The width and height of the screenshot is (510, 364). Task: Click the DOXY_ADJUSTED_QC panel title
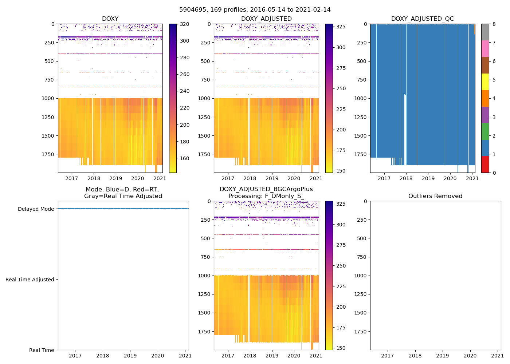(423, 19)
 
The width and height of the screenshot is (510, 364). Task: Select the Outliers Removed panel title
(435, 196)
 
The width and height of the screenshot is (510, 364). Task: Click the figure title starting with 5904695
(255, 10)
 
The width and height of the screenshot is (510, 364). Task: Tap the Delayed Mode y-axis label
(36, 209)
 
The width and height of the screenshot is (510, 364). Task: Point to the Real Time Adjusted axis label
(30, 280)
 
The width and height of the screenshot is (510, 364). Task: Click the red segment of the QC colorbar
(485, 165)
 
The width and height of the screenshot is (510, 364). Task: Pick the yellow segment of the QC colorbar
(485, 82)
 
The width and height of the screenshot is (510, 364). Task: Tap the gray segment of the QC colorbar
(485, 32)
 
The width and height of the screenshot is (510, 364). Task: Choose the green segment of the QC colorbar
(485, 131)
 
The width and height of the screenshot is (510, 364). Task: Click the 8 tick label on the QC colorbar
(494, 24)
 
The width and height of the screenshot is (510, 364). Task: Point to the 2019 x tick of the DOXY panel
(116, 178)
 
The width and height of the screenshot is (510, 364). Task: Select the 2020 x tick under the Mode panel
(158, 356)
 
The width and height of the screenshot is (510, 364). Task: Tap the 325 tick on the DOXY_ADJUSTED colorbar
(341, 27)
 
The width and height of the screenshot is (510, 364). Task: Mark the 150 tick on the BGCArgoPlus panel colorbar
(341, 348)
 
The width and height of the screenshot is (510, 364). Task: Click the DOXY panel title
(110, 19)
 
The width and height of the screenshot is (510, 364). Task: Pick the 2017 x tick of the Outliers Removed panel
(387, 356)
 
